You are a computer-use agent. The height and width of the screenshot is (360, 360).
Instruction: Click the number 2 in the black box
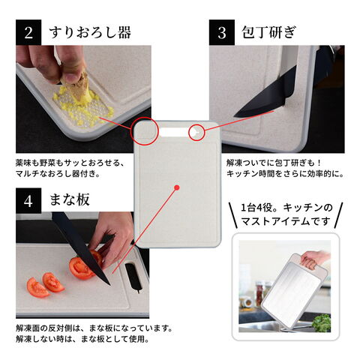pos(28,32)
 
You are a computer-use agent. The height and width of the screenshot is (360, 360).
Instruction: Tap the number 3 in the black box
pos(222,33)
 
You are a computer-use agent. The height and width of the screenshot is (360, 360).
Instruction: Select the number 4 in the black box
pos(28,201)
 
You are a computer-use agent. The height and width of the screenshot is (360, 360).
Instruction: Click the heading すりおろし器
pos(90,32)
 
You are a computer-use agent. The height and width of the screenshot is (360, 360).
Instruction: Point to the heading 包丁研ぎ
pos(269,32)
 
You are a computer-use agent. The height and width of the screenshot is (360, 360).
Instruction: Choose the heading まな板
pos(70,199)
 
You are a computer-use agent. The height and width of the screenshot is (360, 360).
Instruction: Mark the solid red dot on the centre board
pos(177,187)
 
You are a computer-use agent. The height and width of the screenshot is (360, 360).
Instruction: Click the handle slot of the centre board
pos(174,132)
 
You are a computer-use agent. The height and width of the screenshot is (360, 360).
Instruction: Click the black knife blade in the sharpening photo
pos(265,97)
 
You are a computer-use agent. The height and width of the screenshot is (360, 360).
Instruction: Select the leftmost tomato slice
pos(37,288)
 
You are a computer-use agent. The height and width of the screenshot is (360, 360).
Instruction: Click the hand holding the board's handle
pos(314,259)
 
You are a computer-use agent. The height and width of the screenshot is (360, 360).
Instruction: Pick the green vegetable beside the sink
pos(322,322)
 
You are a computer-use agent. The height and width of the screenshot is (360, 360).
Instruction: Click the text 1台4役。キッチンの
pos(286,208)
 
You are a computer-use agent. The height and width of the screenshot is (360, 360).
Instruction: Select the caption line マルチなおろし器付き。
pos(58,174)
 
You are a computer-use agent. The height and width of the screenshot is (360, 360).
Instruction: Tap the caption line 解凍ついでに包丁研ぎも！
pos(274,163)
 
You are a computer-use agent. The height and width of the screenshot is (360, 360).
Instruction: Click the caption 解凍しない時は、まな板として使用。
pos(82,339)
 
